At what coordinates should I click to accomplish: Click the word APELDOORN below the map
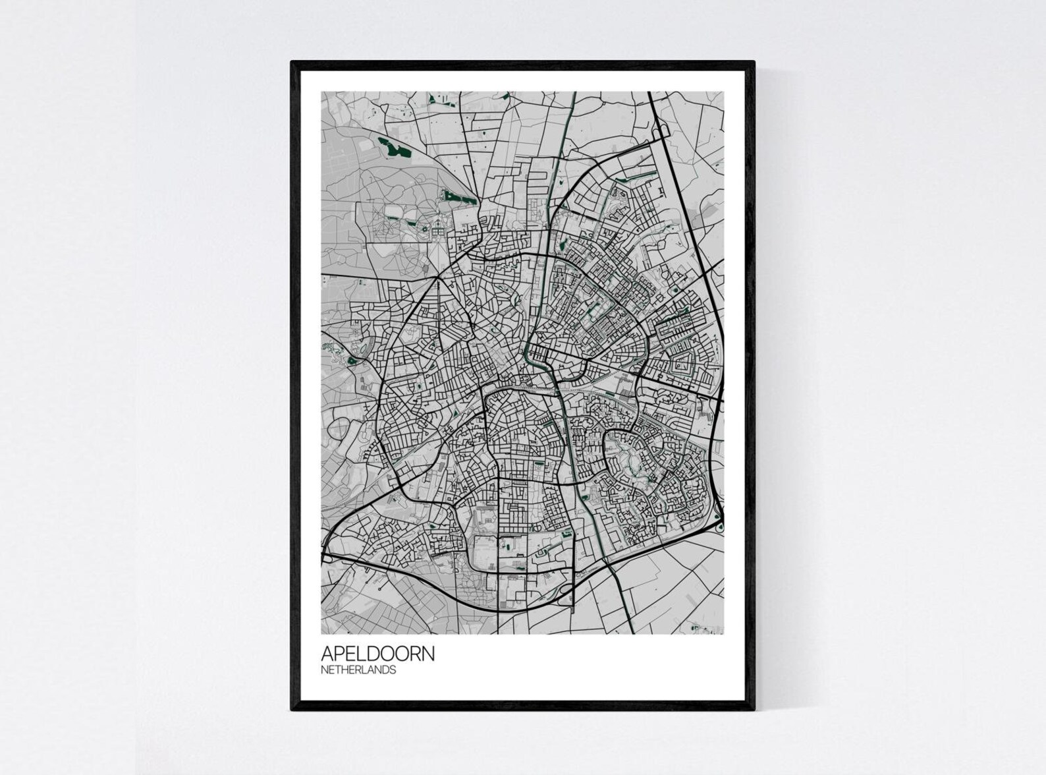tap(377, 654)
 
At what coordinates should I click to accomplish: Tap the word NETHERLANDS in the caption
tap(358, 670)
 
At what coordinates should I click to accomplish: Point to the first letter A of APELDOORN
tap(327, 654)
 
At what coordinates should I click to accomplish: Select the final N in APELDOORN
tap(428, 654)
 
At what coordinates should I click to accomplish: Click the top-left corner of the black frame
tap(292, 63)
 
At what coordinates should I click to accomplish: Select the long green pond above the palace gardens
tap(459, 196)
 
